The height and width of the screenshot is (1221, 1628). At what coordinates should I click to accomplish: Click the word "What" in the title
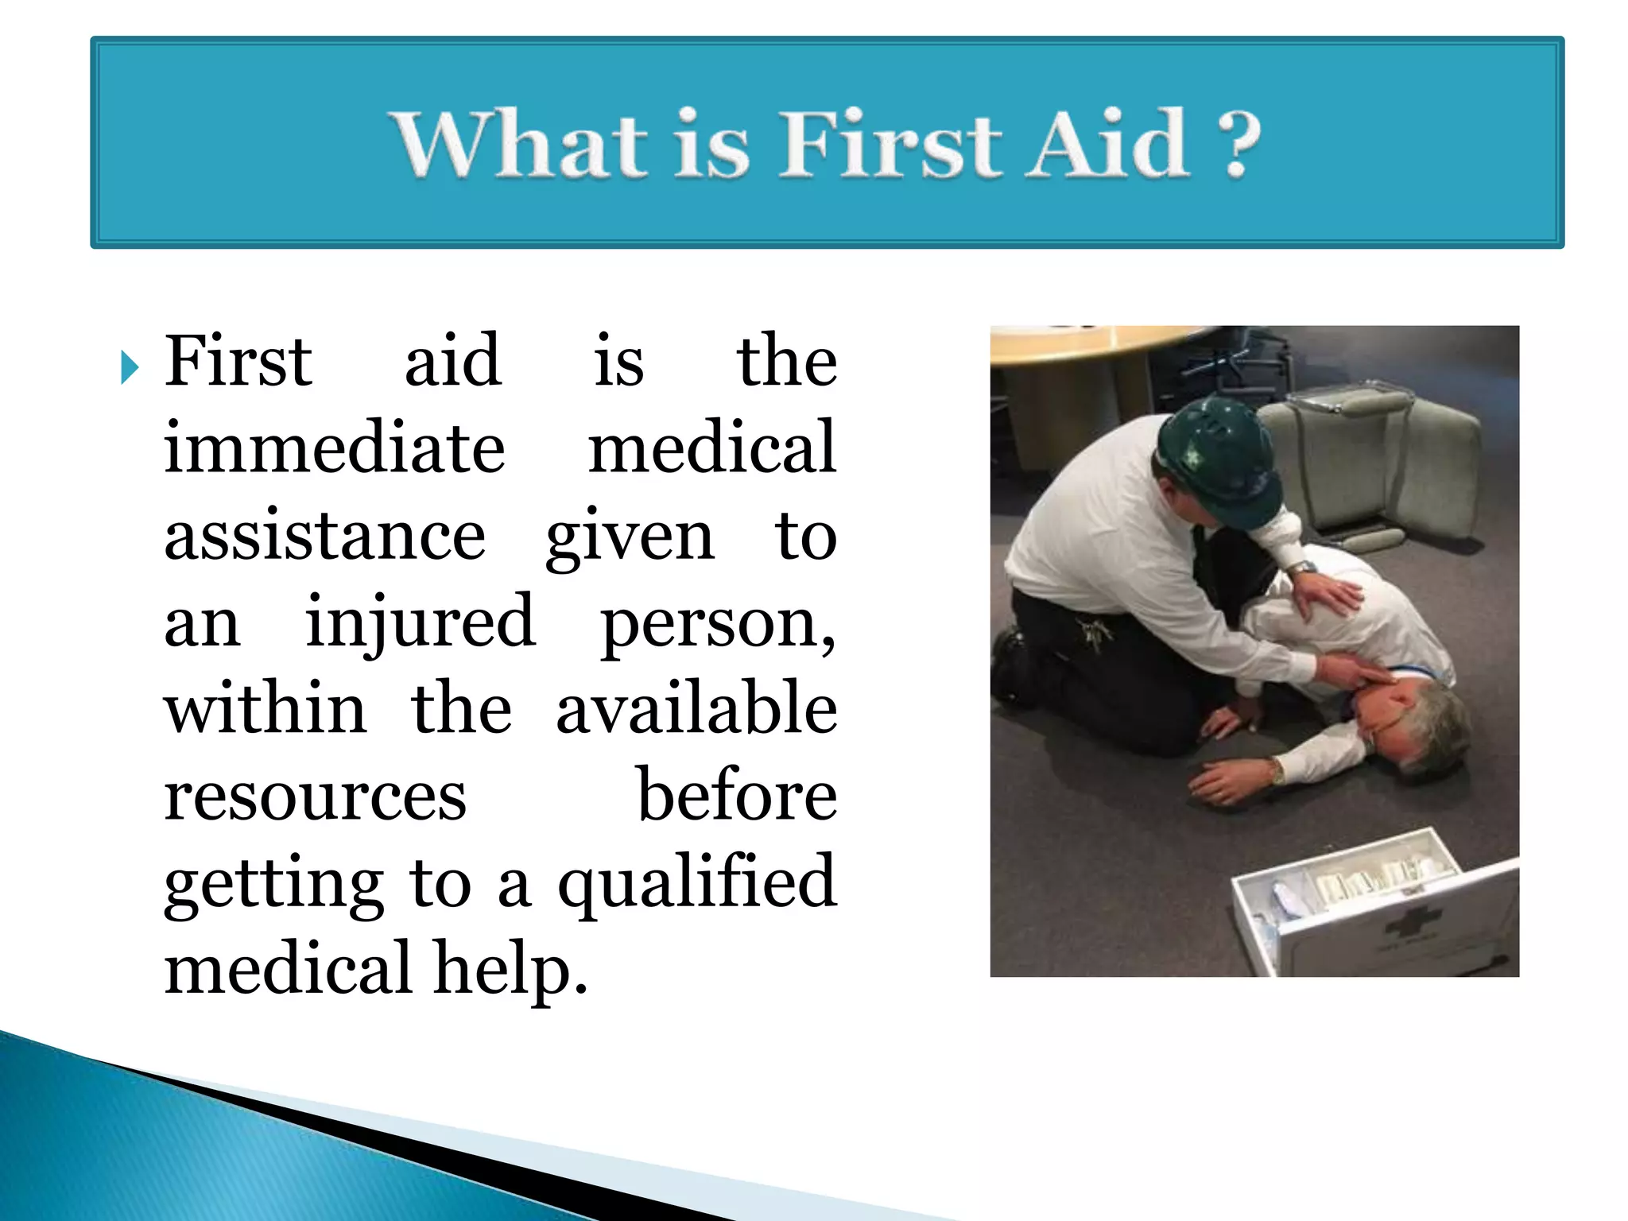point(520,144)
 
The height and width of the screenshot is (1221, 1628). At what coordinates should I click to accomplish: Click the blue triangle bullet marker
point(130,368)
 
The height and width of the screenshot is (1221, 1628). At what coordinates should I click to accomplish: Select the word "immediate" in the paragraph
point(334,448)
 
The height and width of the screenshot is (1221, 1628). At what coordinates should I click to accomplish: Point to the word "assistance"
point(324,535)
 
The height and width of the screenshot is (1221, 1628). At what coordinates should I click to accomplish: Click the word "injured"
point(420,622)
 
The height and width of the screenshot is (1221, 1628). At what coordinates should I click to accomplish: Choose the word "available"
point(696,708)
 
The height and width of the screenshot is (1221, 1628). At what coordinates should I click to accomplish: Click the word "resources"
point(315,797)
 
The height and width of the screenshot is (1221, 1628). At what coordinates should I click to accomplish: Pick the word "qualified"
point(697,884)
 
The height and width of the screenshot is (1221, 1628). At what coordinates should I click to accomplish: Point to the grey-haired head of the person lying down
point(1423,719)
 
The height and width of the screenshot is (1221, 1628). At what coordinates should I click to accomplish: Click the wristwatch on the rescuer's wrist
point(1301,568)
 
